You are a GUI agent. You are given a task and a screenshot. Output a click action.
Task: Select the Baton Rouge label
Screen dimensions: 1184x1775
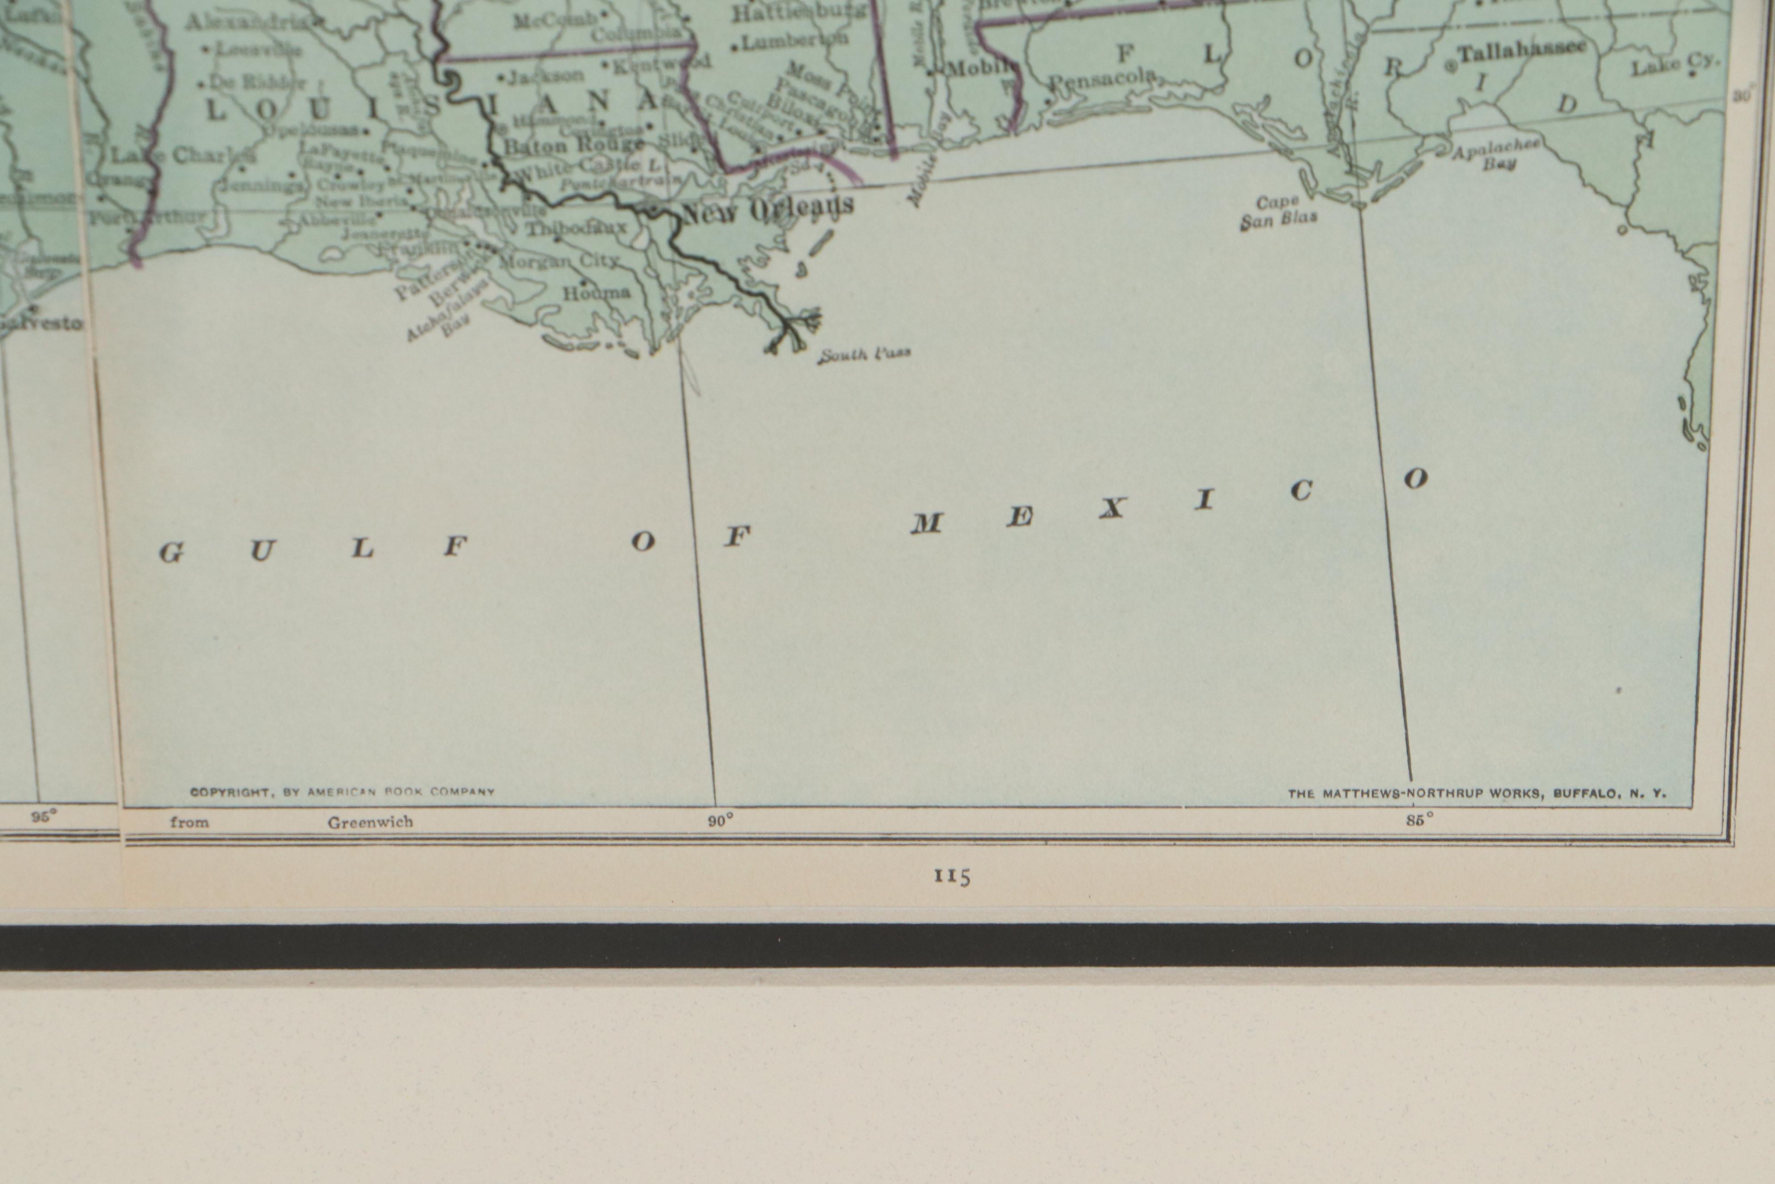pyautogui.click(x=573, y=145)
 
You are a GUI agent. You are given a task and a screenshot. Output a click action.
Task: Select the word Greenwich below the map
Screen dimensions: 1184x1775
pyautogui.click(x=370, y=822)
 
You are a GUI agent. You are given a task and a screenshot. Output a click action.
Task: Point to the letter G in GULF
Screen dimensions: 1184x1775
pyautogui.click(x=172, y=554)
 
